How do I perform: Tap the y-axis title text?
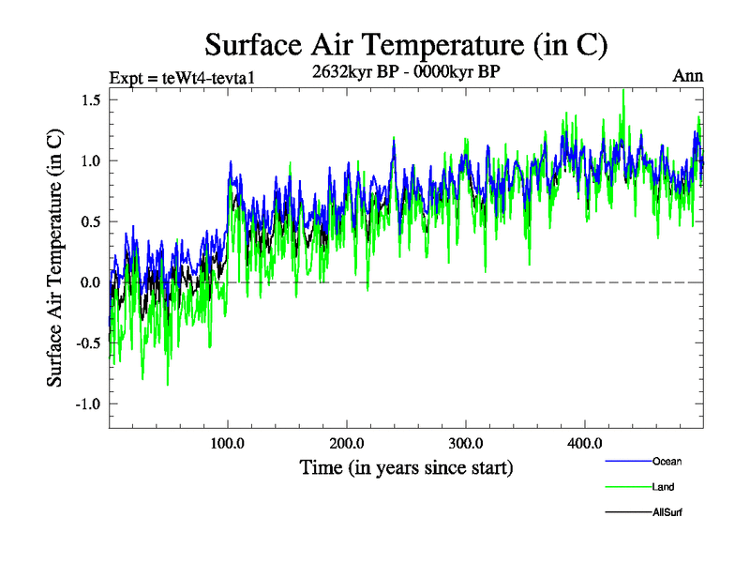pos(55,257)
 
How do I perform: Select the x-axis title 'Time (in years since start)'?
pos(406,466)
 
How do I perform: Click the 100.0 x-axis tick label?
pos(228,444)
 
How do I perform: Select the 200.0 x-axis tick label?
pos(347,444)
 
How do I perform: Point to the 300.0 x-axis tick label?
pos(466,444)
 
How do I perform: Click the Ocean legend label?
pos(667,462)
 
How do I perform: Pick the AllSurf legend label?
pos(667,512)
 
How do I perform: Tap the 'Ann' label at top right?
pos(687,76)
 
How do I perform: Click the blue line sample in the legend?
pos(628,462)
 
